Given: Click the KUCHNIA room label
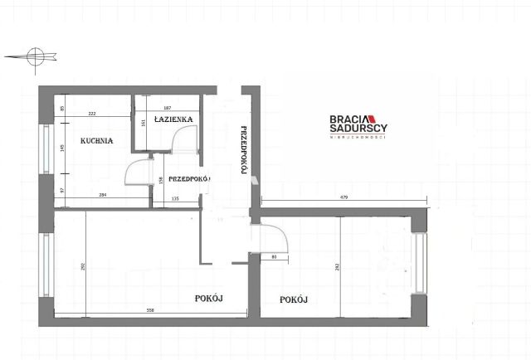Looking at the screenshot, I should coord(96,141).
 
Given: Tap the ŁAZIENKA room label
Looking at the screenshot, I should coord(173,119).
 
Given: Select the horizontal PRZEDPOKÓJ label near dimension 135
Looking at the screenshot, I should coord(188,178).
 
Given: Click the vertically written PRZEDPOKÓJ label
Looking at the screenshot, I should coord(244,150).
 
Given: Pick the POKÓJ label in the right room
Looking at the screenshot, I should coord(294,299).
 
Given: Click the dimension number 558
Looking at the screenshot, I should coord(150,309).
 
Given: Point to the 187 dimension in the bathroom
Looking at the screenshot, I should coord(167,109).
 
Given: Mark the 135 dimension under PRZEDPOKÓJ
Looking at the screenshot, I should coord(175,199).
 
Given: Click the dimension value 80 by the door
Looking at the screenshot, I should coord(275,256).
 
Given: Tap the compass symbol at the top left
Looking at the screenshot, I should coord(34,56).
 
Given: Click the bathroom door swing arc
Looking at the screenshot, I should coord(184,143).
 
